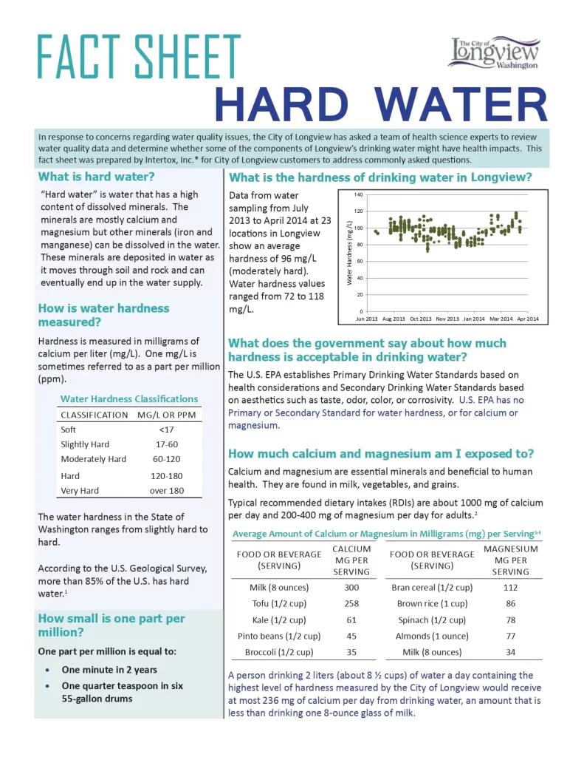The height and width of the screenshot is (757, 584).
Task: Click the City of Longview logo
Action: pos(494,52)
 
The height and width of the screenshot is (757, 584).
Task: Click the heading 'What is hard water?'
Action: pos(97,177)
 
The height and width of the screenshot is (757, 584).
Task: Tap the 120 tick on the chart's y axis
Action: pos(359,211)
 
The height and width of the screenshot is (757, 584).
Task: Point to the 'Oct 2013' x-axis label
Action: pos(420,319)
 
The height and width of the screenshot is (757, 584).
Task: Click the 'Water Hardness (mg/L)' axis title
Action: pos(350,253)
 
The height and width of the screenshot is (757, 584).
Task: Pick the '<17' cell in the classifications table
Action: pos(167,430)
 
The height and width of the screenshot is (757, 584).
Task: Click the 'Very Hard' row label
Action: pos(80,491)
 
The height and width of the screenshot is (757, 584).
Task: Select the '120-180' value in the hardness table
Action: pos(166,476)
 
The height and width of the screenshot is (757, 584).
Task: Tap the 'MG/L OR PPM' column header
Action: pos(167,415)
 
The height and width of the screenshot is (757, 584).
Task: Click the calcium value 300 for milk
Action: pos(351,588)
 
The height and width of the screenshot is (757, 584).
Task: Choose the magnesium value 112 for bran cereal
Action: pos(511,588)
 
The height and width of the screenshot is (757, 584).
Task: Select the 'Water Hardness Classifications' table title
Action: pos(129,399)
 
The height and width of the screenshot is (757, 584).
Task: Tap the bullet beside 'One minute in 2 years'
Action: pos(48,670)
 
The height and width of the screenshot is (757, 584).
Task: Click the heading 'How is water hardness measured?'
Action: pos(103,316)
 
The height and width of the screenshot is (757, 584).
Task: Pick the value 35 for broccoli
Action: pos(351,652)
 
